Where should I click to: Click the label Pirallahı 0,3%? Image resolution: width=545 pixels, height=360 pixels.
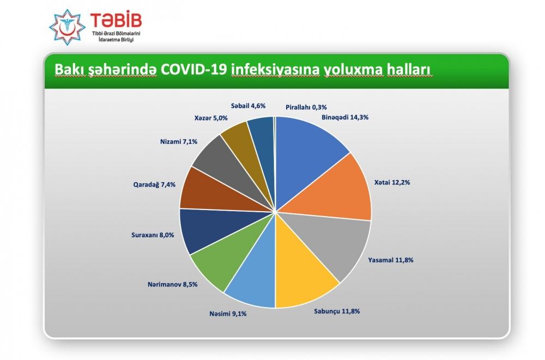(x=306, y=107)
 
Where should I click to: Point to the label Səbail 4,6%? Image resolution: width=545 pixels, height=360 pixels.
(x=248, y=106)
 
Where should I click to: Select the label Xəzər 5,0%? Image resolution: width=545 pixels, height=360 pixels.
(x=210, y=118)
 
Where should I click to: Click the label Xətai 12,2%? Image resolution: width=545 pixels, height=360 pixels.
(x=392, y=182)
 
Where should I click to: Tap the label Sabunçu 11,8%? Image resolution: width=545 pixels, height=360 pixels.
(x=337, y=311)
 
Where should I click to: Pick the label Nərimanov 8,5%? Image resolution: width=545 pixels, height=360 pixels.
(x=172, y=285)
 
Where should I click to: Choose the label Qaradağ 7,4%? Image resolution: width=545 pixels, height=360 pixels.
(x=154, y=185)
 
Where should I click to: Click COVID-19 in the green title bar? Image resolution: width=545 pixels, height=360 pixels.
(x=195, y=70)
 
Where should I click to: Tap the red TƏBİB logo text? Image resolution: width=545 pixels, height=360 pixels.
(x=116, y=21)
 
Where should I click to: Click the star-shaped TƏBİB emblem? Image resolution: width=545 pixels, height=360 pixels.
(x=67, y=27)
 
